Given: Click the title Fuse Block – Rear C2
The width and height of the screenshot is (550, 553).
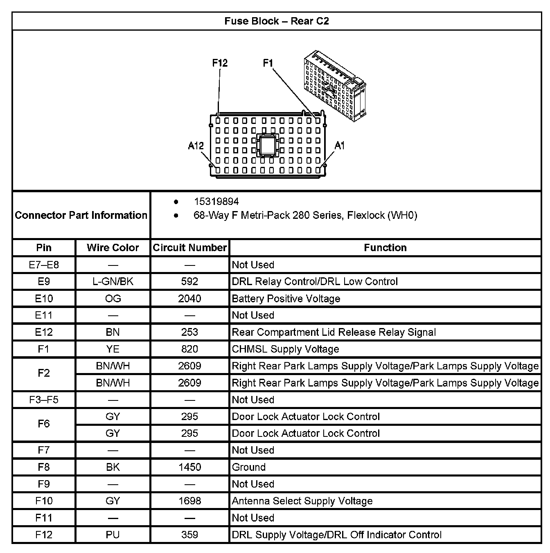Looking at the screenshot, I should click(x=276, y=21).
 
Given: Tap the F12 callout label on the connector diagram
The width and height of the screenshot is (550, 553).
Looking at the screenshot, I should click(x=220, y=63).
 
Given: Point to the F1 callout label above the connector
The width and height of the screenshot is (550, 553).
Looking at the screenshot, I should click(x=268, y=63).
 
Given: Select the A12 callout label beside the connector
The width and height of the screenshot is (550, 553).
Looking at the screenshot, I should click(x=196, y=146).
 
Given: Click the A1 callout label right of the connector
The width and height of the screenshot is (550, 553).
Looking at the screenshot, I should click(x=340, y=146).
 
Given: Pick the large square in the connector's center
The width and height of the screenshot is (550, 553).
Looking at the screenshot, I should click(x=268, y=145).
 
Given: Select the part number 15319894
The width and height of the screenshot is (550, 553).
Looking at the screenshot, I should click(x=216, y=202).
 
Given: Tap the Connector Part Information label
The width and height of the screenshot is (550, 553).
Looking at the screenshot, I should click(x=81, y=215).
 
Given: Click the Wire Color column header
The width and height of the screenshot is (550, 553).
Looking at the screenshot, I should click(x=113, y=248).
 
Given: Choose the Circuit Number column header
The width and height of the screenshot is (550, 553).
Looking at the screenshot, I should click(x=189, y=248).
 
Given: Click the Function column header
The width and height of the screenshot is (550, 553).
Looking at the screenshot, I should click(x=385, y=248).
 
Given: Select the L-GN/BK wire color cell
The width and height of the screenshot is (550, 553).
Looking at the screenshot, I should click(x=113, y=282).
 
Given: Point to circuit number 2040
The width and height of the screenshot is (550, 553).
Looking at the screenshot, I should click(x=189, y=299).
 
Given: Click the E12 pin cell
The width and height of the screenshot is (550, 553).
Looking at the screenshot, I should click(x=44, y=332).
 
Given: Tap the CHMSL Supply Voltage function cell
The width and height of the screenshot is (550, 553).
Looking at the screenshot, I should click(x=285, y=349).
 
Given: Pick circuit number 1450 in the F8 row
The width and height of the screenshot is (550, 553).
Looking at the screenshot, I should click(x=189, y=467).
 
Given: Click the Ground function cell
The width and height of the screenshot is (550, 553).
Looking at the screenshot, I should click(x=249, y=467).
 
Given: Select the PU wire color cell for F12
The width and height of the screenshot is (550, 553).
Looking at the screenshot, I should click(x=113, y=535).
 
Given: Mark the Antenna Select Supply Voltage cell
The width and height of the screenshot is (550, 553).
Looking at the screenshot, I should click(x=302, y=501).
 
